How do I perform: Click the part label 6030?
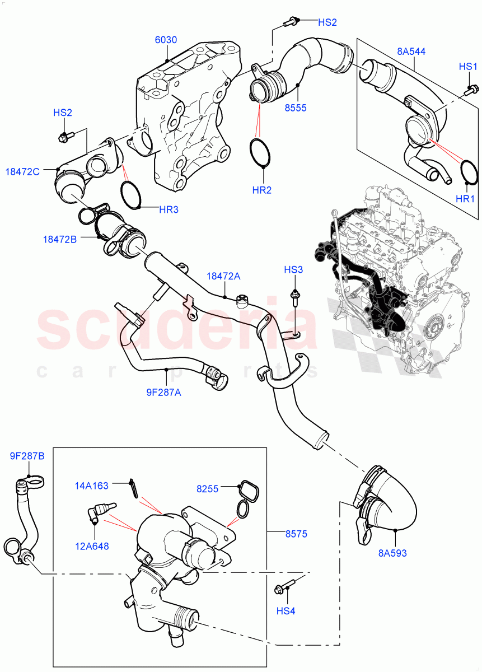pyautogui.click(x=166, y=40)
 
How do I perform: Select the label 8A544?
pyautogui.click(x=411, y=52)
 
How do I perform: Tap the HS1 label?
pyautogui.click(x=468, y=67)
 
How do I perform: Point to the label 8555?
pyautogui.click(x=295, y=108)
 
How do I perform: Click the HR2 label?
pyautogui.click(x=261, y=190)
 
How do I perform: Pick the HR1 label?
pyautogui.click(x=465, y=199)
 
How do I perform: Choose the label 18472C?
pyautogui.click(x=24, y=171)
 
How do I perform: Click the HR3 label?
pyautogui.click(x=169, y=209)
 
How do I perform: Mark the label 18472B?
pyautogui.click(x=59, y=239)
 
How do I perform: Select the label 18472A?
pyautogui.click(x=223, y=276)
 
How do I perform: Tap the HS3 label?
pyautogui.click(x=293, y=270)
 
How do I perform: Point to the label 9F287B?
pyautogui.click(x=27, y=456)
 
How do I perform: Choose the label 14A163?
pyautogui.click(x=92, y=486)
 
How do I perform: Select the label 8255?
pyautogui.click(x=208, y=488)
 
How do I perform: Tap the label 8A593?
pyautogui.click(x=392, y=553)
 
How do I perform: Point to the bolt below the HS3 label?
pyautogui.click(x=293, y=297)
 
